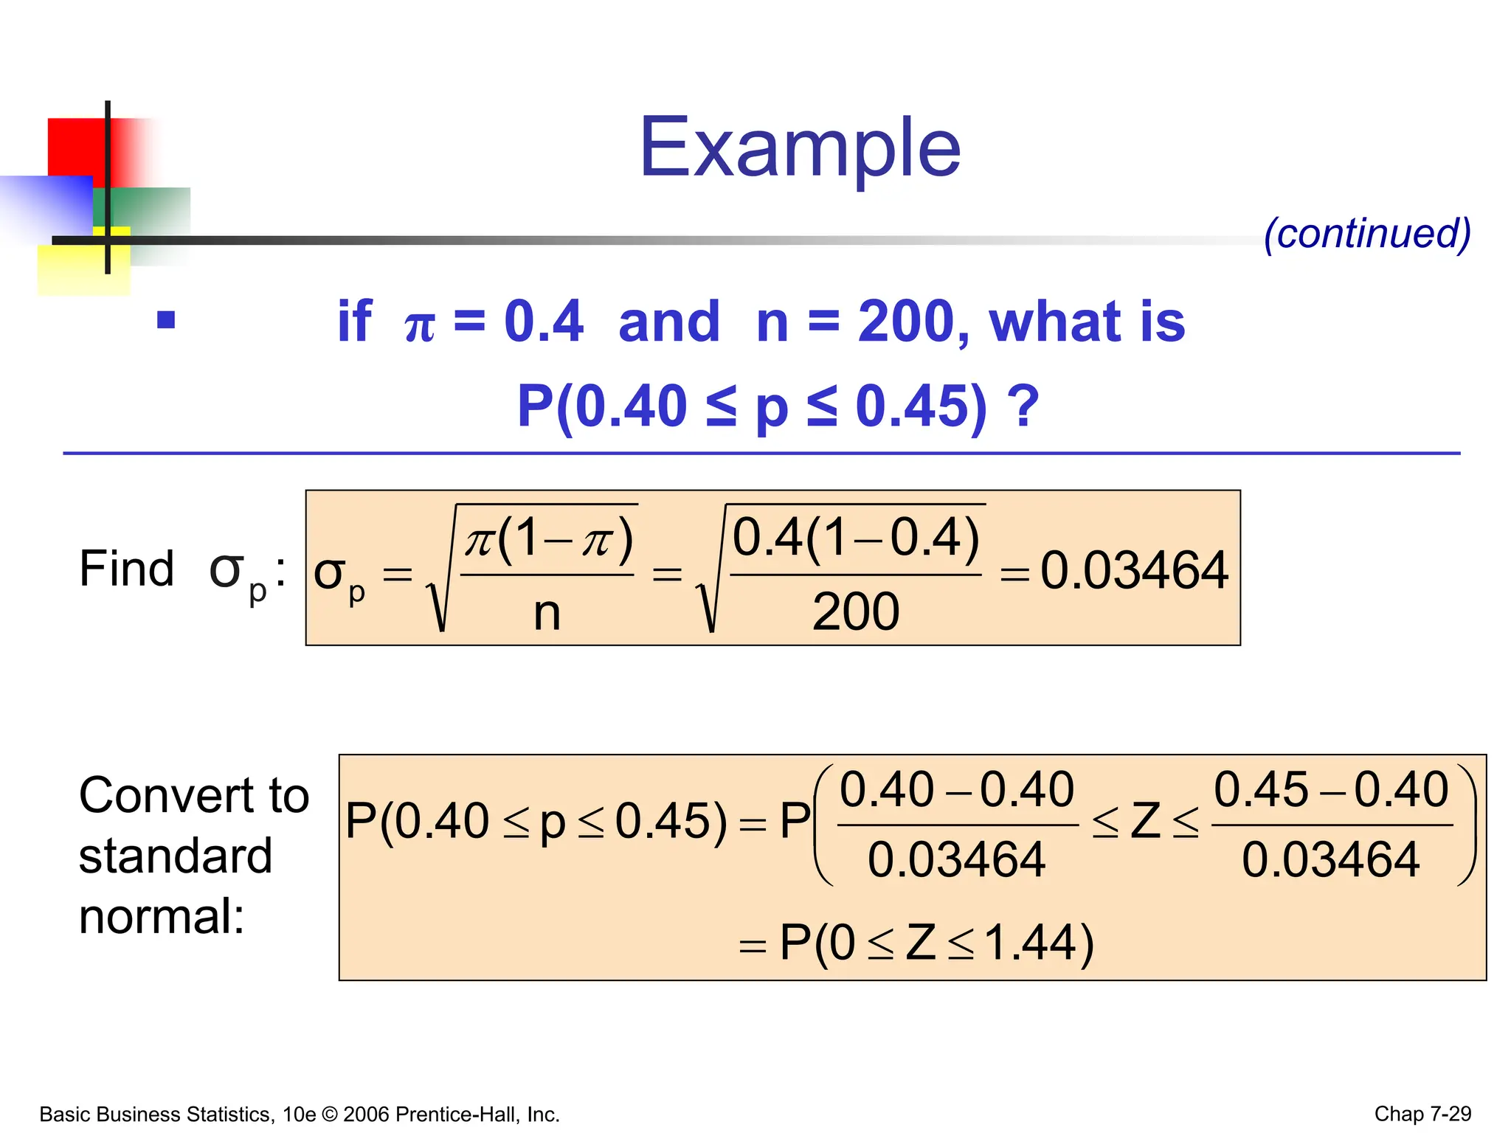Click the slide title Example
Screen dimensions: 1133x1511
800,149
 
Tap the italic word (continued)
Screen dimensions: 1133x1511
1367,234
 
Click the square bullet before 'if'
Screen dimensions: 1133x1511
166,320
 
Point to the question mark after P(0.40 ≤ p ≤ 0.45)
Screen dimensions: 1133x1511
1023,406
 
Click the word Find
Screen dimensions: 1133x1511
126,569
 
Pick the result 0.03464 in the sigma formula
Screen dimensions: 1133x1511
1134,571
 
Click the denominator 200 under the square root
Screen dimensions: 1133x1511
856,611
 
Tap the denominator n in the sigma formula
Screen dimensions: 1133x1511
547,613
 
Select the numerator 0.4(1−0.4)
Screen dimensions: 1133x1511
856,537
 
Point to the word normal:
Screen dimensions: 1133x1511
161,917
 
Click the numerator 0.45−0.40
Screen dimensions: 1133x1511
1331,789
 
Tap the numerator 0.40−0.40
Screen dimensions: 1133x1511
957,789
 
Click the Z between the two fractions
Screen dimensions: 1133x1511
1146,821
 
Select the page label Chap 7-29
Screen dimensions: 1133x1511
1422,1114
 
